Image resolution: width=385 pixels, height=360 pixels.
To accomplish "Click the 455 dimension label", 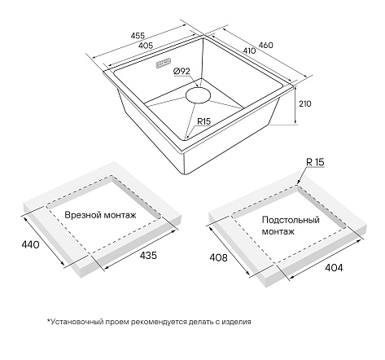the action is point(138,36).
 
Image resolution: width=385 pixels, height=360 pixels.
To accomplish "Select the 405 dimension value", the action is point(146,46).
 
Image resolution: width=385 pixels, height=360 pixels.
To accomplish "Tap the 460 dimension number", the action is point(265,45).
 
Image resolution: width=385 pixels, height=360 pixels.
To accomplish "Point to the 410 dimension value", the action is point(249,50).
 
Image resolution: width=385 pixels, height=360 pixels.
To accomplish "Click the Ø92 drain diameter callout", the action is point(182,71).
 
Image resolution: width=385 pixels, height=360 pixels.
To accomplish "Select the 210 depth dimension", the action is point(305,103).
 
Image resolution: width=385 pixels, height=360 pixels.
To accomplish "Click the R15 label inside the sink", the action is point(203,121).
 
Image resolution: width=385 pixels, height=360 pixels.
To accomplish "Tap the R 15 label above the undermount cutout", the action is point(315,162).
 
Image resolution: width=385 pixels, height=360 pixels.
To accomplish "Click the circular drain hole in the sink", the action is point(198,95).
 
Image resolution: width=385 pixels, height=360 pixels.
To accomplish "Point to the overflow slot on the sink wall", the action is point(163,63).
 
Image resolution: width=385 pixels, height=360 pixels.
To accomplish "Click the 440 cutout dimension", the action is point(30,245).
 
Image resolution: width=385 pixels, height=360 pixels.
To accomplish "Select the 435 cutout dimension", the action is point(148,255).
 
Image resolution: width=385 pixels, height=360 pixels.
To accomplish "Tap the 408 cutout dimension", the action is point(218,257).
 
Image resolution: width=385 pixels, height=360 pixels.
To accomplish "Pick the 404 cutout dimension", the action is point(334,268).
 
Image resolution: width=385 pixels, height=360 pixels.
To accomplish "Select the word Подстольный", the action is point(291,220).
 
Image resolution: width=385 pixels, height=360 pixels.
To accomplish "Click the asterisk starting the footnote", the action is point(49,321).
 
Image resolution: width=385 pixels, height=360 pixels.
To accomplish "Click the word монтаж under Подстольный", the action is point(278,231).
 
